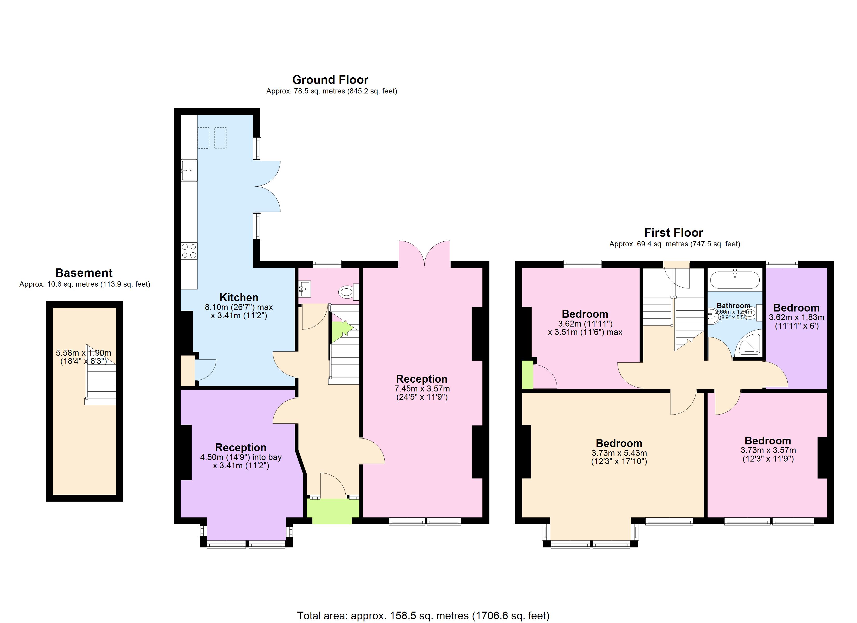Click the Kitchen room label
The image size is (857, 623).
click(239, 297)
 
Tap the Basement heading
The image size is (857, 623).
click(84, 273)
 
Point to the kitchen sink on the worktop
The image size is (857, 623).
click(189, 170)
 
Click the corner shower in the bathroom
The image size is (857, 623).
click(748, 343)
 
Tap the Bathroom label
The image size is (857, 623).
click(733, 306)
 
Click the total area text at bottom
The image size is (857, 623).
click(423, 616)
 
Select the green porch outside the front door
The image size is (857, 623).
click(332, 512)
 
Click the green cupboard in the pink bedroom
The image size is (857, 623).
click(527, 375)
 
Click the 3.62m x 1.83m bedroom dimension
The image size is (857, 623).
click(796, 322)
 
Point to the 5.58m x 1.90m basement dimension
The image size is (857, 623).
click(84, 357)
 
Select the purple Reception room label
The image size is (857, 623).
click(241, 447)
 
